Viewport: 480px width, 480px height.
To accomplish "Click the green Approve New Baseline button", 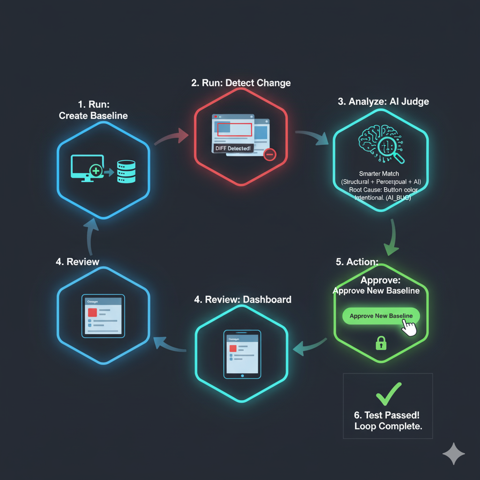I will [x=381, y=316].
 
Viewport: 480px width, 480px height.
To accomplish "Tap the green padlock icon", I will [x=381, y=344].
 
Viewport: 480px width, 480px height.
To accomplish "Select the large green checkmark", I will [x=389, y=394].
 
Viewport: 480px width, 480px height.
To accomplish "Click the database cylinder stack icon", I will [x=126, y=172].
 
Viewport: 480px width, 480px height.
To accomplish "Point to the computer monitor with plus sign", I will [x=87, y=167].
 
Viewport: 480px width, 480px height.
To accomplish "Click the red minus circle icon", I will [x=270, y=154].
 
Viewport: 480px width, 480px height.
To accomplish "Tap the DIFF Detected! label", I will [x=232, y=148].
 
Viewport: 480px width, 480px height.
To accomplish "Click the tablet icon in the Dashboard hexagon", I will [x=242, y=354].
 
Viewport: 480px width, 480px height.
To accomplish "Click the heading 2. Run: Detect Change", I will [x=241, y=83].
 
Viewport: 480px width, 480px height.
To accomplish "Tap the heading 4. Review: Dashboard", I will [x=242, y=300].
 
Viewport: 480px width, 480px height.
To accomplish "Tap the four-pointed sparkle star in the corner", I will [x=454, y=453].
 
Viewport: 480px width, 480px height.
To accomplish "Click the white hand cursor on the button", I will [x=409, y=328].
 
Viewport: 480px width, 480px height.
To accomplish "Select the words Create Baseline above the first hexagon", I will [x=93, y=116].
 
